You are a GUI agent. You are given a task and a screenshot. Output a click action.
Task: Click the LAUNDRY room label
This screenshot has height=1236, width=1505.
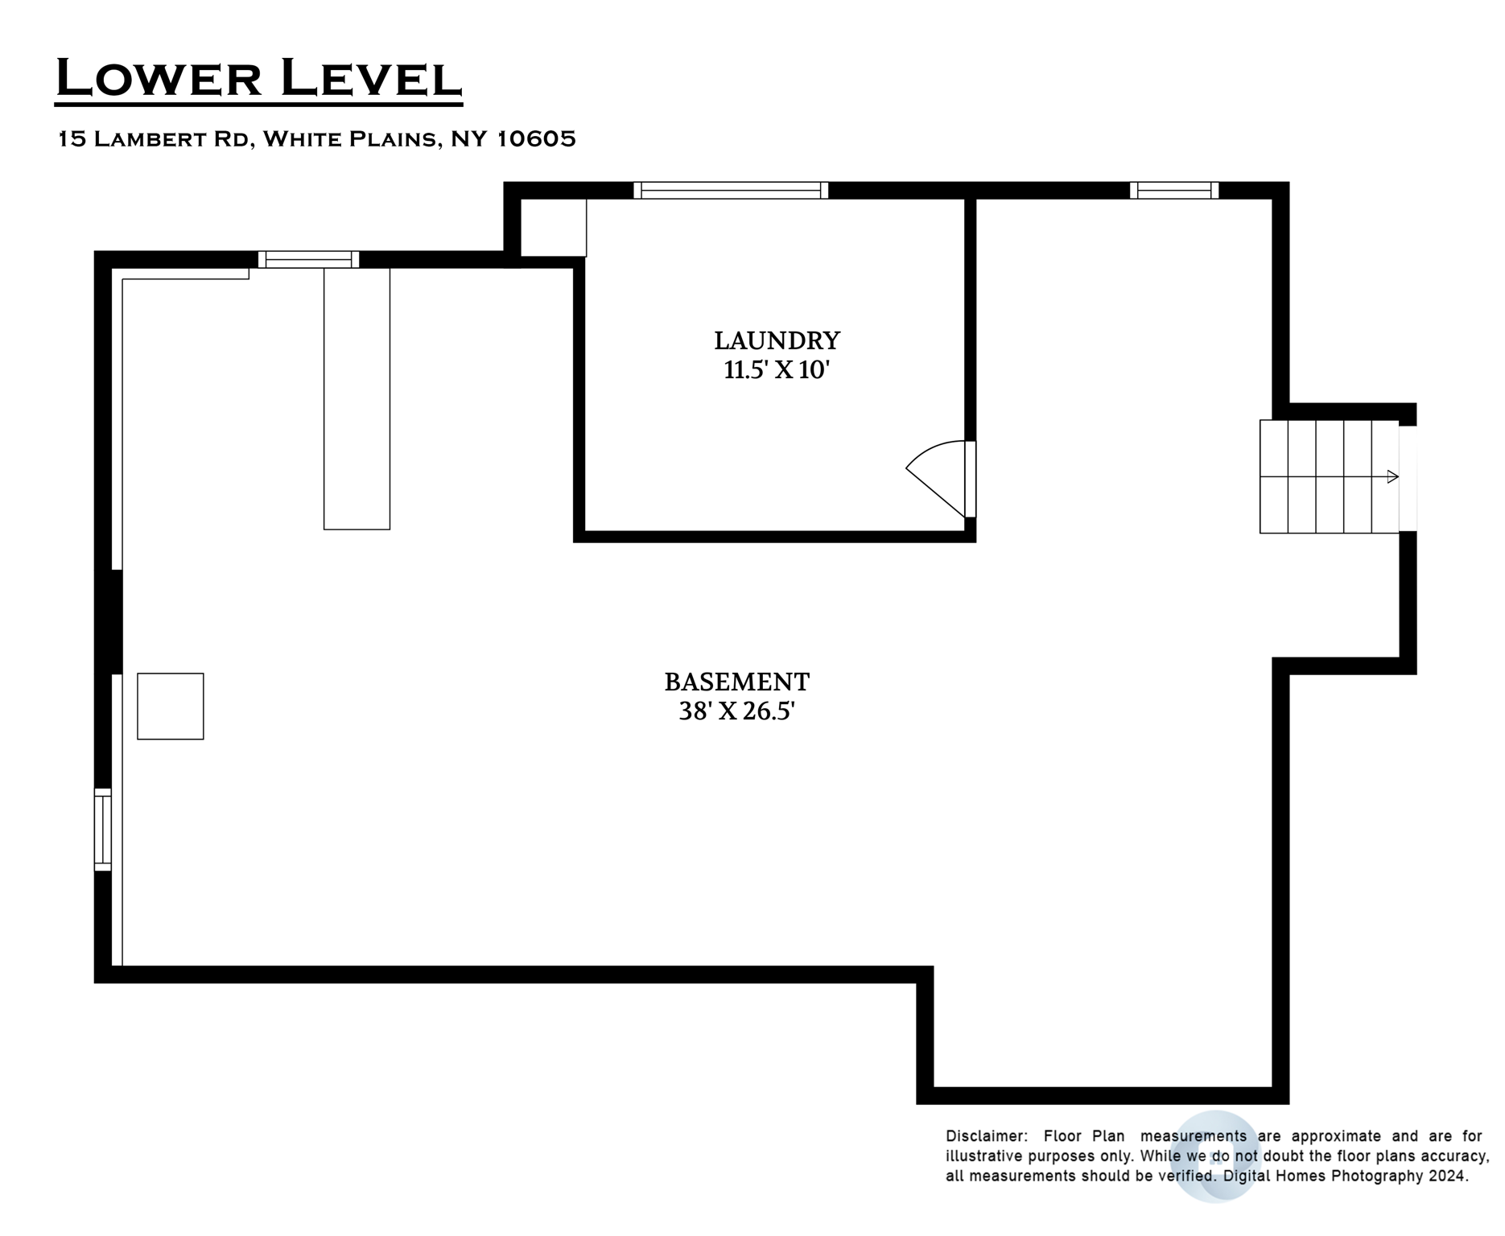pyautogui.click(x=777, y=340)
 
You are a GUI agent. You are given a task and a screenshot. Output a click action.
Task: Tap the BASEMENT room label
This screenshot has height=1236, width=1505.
pyautogui.click(x=736, y=682)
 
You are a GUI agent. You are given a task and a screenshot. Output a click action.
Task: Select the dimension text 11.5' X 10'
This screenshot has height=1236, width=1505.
pyautogui.click(x=777, y=370)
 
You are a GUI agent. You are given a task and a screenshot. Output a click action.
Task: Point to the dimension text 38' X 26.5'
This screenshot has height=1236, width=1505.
pyautogui.click(x=736, y=711)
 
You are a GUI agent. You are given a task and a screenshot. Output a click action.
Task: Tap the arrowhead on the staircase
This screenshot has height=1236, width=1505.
pyautogui.click(x=1392, y=476)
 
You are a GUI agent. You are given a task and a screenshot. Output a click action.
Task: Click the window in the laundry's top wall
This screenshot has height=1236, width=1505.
pyautogui.click(x=731, y=190)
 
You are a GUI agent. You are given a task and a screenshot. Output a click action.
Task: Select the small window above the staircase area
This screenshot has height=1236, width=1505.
pyautogui.click(x=1174, y=190)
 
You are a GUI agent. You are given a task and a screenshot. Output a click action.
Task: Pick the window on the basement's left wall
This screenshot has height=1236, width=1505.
pyautogui.click(x=103, y=830)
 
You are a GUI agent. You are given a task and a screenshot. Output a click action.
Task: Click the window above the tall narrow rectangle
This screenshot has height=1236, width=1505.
pyautogui.click(x=308, y=259)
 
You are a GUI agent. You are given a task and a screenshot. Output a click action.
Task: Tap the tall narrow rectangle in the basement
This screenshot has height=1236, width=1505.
pyautogui.click(x=357, y=398)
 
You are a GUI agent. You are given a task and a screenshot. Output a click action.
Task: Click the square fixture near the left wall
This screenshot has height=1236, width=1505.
pyautogui.click(x=171, y=706)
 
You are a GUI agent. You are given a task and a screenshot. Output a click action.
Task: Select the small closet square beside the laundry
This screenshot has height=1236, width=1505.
pyautogui.click(x=553, y=228)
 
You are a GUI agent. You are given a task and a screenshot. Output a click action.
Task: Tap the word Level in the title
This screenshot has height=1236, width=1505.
pyautogui.click(x=370, y=79)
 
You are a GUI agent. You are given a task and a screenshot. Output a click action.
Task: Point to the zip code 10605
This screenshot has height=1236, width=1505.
pyautogui.click(x=536, y=139)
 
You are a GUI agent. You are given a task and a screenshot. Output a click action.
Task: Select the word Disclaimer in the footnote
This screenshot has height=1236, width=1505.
pyautogui.click(x=987, y=1136)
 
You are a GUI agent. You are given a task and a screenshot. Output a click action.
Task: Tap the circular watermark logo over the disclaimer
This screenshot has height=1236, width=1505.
pyautogui.click(x=1215, y=1157)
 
